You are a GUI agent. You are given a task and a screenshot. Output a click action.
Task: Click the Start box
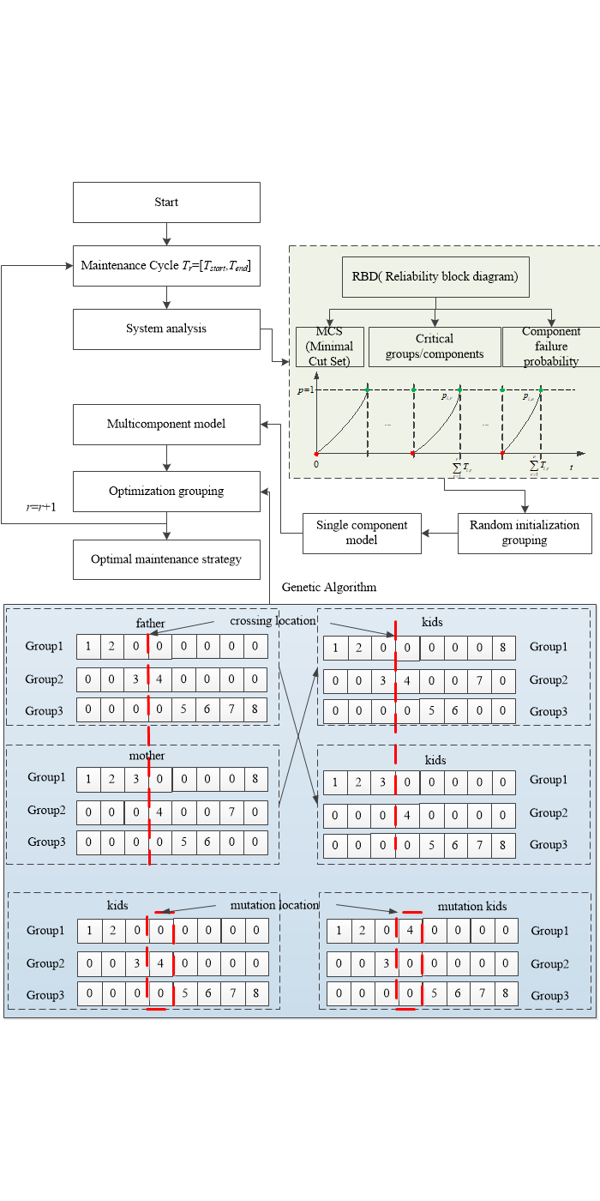click(x=166, y=202)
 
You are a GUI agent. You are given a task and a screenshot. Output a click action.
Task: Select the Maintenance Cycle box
click(x=166, y=266)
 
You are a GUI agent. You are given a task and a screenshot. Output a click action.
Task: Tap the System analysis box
click(x=166, y=329)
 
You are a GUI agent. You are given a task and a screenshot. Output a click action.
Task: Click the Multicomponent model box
click(x=166, y=424)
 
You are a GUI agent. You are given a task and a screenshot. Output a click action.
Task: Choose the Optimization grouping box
click(x=166, y=492)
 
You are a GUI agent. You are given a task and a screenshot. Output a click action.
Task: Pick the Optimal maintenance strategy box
click(x=166, y=559)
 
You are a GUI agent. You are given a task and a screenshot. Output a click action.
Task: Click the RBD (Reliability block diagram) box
click(x=435, y=276)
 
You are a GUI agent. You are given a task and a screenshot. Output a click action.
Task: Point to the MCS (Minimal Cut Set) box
click(x=329, y=347)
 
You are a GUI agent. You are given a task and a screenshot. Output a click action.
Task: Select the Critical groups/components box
click(x=435, y=347)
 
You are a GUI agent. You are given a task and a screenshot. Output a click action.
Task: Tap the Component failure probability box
click(x=551, y=347)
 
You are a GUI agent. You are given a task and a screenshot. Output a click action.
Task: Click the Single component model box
click(x=362, y=533)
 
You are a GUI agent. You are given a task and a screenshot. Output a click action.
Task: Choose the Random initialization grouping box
click(x=525, y=533)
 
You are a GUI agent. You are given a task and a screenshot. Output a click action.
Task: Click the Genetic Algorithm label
click(x=329, y=588)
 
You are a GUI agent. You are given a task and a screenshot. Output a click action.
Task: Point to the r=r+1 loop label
click(x=41, y=507)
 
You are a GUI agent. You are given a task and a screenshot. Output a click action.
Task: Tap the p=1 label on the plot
click(x=303, y=390)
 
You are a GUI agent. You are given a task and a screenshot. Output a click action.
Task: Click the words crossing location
click(x=273, y=620)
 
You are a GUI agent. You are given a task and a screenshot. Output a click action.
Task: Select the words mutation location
click(x=274, y=905)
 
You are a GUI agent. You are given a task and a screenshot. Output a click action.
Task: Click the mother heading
click(x=147, y=756)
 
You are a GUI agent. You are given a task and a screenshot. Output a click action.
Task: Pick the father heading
click(x=150, y=623)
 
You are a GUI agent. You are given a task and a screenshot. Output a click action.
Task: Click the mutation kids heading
click(x=472, y=906)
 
